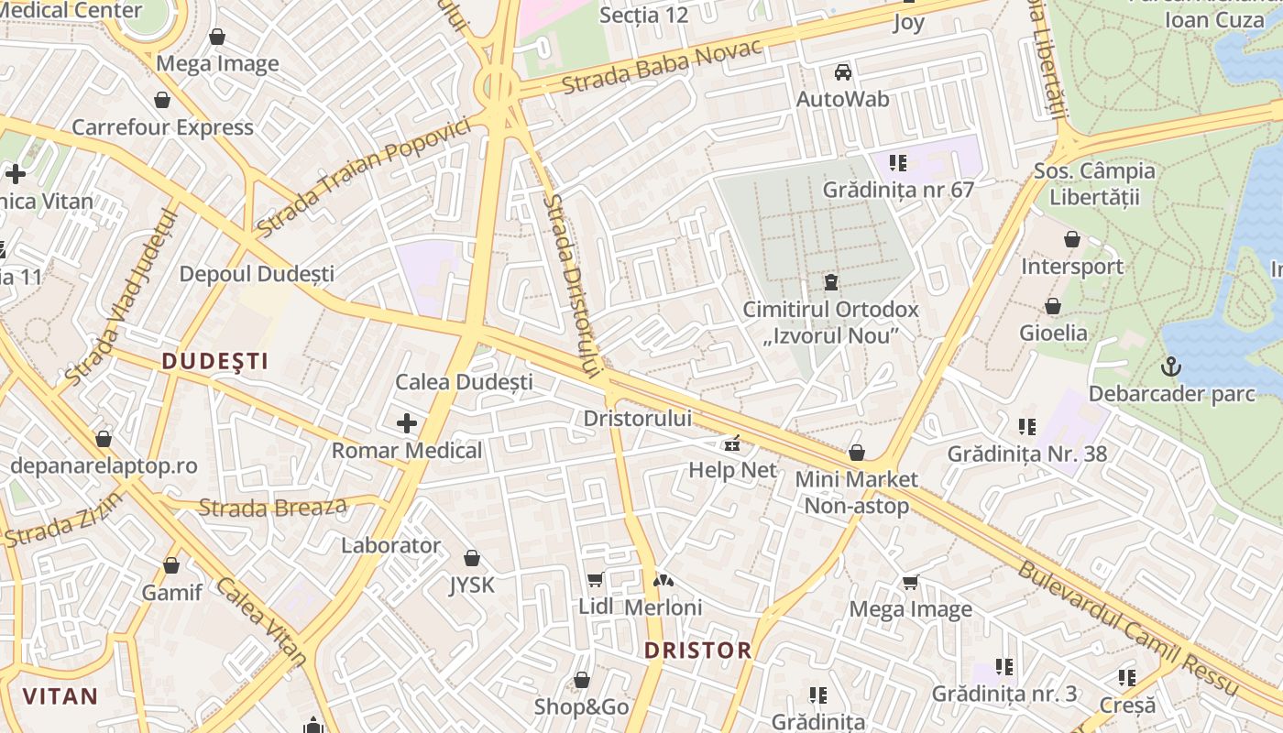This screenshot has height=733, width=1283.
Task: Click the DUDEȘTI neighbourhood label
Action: (215, 361)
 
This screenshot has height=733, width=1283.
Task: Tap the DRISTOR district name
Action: (697, 651)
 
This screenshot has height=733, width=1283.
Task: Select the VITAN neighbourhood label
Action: (60, 695)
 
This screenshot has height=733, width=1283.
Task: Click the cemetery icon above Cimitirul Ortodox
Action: (830, 281)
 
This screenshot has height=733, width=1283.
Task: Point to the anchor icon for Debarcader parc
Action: (1171, 367)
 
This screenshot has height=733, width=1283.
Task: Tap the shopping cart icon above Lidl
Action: (596, 579)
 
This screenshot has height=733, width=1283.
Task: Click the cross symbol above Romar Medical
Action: (407, 422)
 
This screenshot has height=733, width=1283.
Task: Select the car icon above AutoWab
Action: (842, 71)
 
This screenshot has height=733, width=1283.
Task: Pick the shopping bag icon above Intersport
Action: (1071, 240)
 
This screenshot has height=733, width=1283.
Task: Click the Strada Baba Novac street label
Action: (662, 68)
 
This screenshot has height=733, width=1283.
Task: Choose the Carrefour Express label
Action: (162, 127)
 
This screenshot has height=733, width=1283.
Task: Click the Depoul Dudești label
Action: (257, 274)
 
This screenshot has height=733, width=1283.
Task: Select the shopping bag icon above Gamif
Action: (171, 565)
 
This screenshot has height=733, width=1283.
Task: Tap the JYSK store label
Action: (472, 585)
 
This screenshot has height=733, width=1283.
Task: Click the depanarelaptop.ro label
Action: (104, 465)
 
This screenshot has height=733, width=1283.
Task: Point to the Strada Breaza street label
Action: (273, 507)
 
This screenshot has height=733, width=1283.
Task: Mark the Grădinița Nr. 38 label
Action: (1026, 454)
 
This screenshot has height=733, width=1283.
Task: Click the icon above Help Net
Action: (732, 444)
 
